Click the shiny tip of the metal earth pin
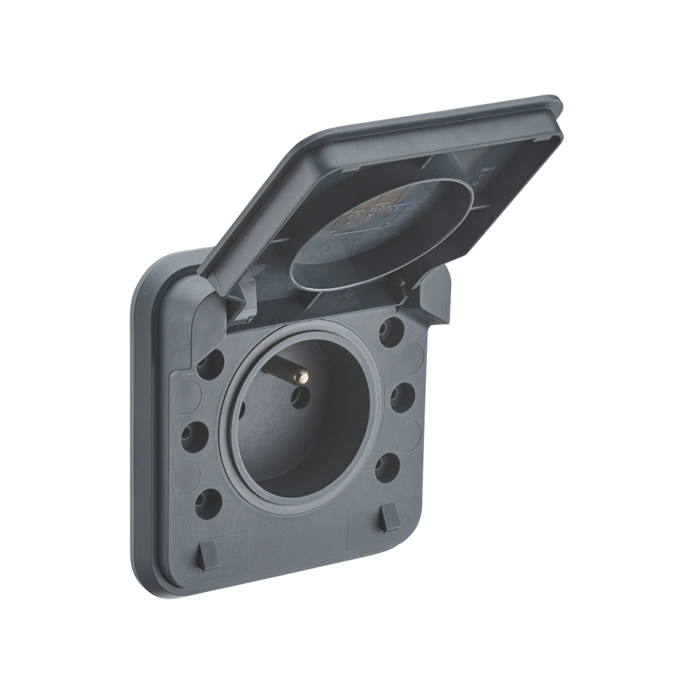click(302, 377)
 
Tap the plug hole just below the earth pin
click(301, 398)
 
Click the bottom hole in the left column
click(208, 503)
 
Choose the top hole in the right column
click(392, 331)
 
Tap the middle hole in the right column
click(403, 398)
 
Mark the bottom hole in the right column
click(388, 467)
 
